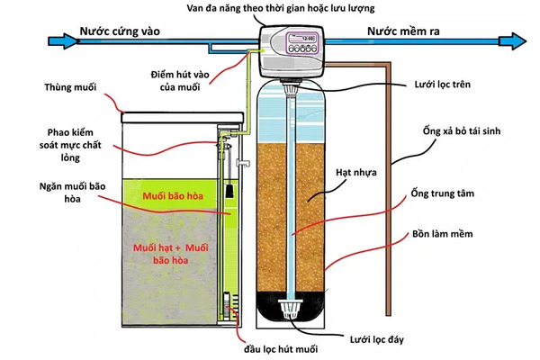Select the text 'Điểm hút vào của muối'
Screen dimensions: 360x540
click(x=190, y=78)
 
